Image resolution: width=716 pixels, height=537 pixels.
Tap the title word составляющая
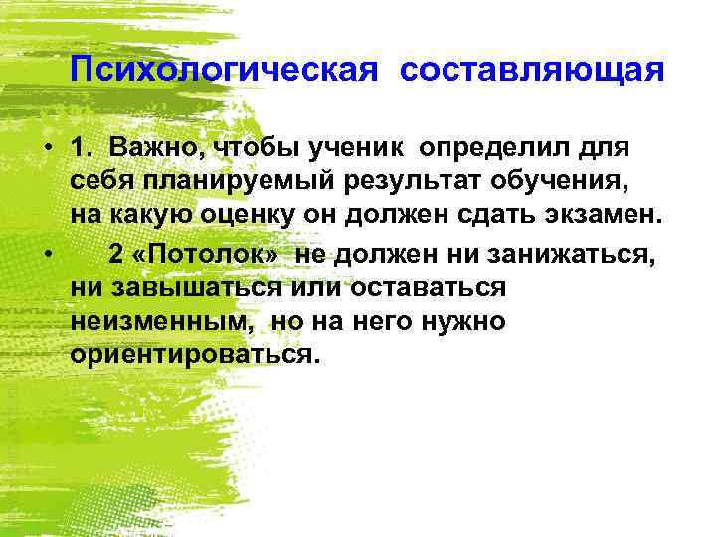(532, 73)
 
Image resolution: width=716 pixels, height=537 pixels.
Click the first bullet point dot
(47, 148)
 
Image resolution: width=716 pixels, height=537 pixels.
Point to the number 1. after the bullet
(85, 148)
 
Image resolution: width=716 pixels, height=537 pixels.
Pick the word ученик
(357, 148)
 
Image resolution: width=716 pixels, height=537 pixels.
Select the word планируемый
(218, 182)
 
